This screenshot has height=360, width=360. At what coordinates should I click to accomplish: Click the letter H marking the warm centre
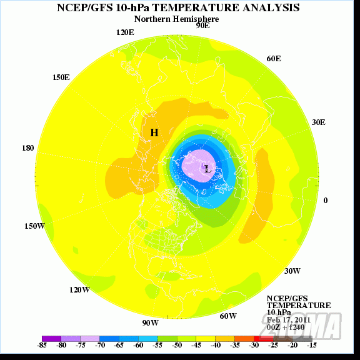click(x=154, y=132)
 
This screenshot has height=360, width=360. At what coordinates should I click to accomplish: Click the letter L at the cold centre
click(x=207, y=169)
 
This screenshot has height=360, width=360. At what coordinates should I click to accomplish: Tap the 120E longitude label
click(x=125, y=32)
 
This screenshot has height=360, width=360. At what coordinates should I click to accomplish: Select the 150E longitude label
click(x=61, y=77)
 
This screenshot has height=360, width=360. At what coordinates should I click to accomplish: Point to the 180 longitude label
click(x=27, y=148)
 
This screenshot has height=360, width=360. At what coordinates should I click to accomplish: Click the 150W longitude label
click(x=34, y=226)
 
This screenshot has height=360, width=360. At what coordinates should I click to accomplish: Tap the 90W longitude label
click(x=150, y=322)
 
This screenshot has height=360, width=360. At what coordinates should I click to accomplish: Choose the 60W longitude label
click(x=228, y=316)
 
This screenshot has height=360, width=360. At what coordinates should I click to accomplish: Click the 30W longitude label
click(x=292, y=271)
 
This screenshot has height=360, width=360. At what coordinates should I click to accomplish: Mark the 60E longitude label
click(x=273, y=58)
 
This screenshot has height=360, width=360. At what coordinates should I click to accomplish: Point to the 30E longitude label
click(x=318, y=122)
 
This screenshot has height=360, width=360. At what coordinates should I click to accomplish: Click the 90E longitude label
click(x=202, y=26)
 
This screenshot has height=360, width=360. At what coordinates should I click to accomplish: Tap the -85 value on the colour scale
click(x=42, y=344)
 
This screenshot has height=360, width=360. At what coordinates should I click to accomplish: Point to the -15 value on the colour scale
click(x=311, y=344)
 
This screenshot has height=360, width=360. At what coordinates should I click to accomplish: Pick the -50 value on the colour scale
click(x=177, y=344)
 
